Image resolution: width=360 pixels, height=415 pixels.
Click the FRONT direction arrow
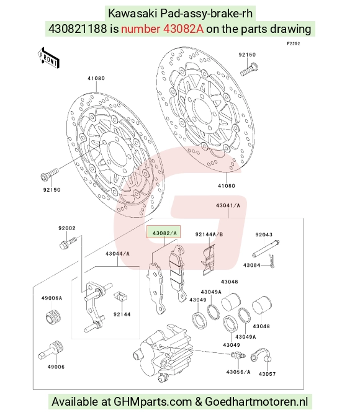(48, 58)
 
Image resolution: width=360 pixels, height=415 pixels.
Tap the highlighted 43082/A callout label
(164, 232)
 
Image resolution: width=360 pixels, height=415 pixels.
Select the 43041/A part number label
(228, 205)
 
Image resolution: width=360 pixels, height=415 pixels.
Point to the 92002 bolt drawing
(68, 243)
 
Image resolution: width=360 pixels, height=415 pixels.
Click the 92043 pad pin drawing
(266, 248)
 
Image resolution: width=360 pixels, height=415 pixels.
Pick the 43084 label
(251, 265)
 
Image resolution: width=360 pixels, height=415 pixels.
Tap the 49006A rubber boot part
(53, 316)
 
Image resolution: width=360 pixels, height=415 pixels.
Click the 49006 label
(56, 367)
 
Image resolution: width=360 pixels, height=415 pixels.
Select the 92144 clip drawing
(120, 296)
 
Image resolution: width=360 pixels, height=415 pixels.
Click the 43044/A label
(117, 254)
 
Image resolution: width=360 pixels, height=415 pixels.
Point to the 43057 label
(267, 374)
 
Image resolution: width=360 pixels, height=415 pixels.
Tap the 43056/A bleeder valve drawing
(238, 355)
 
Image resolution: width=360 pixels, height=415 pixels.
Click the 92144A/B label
(209, 234)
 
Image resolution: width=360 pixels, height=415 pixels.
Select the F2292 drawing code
(294, 43)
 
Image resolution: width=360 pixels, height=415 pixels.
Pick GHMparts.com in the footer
(153, 401)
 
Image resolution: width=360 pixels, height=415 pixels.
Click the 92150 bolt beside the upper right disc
(249, 69)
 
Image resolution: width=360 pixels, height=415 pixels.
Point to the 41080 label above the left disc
(96, 78)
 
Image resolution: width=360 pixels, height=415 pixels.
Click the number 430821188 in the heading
(78, 29)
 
